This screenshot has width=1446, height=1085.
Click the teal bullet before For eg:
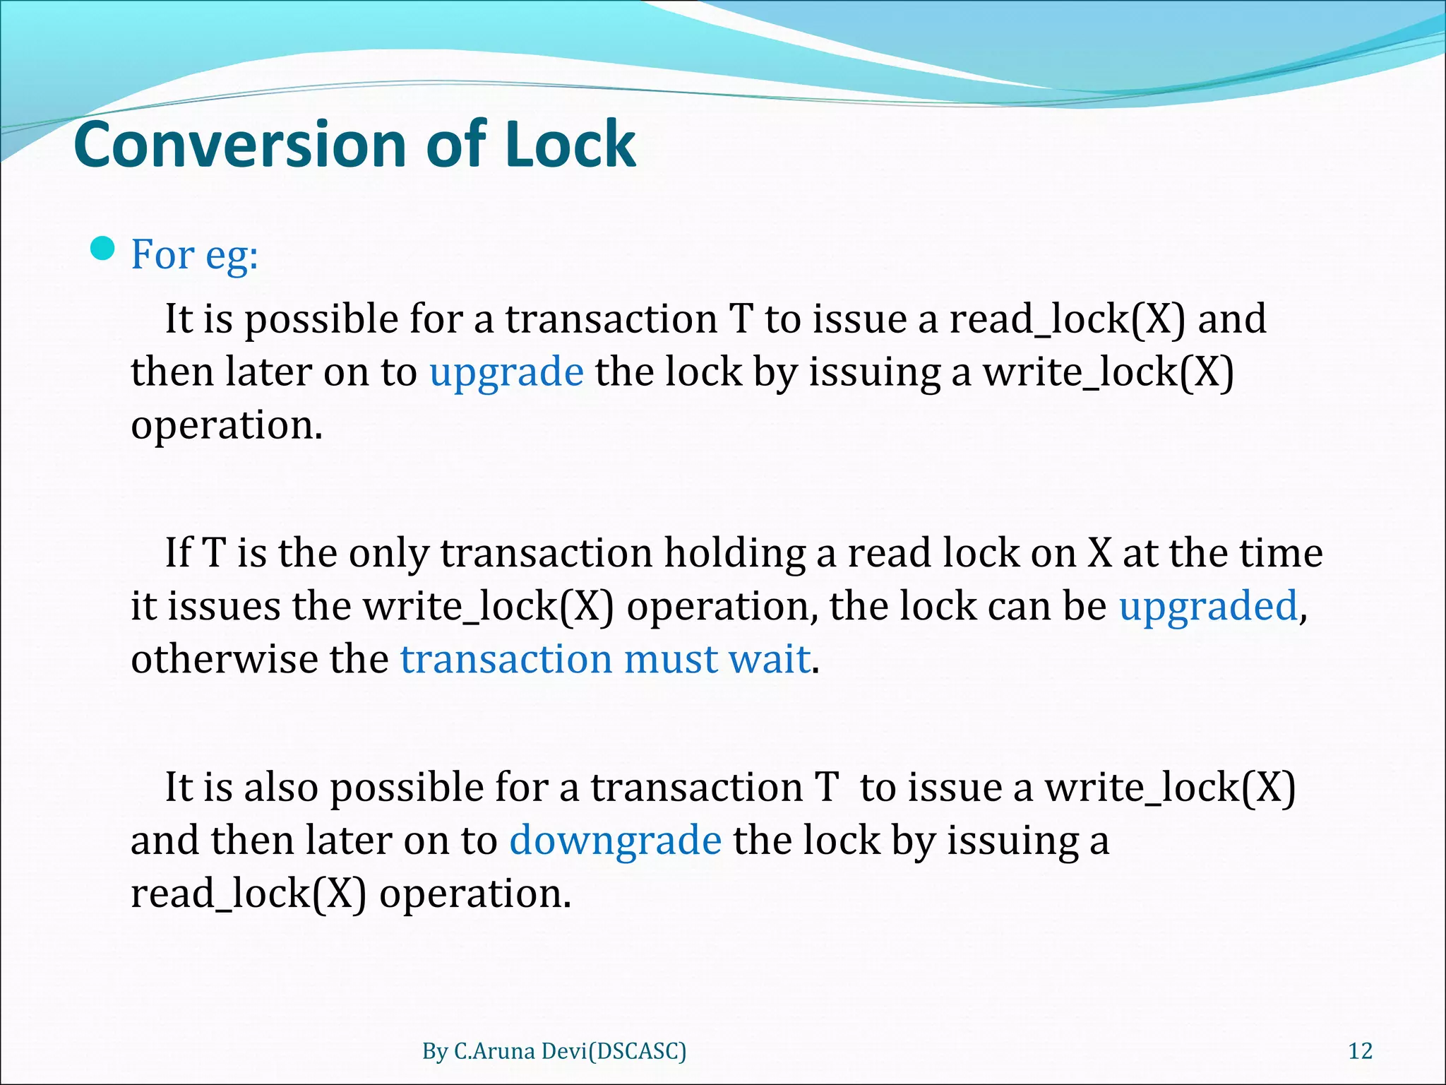point(103,249)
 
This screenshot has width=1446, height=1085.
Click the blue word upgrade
point(506,372)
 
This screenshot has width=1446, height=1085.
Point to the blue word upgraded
point(1208,606)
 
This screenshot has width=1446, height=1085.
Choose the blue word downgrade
point(615,841)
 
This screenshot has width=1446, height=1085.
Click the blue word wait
point(769,659)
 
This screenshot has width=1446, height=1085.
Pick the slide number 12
point(1361,1051)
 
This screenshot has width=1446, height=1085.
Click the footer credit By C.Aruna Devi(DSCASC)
point(554,1051)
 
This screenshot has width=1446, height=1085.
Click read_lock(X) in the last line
point(249,894)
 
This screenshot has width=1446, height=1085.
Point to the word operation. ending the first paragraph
point(227,425)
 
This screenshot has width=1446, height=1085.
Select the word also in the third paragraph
point(280,787)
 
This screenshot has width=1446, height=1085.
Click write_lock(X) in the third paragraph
point(1170,787)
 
